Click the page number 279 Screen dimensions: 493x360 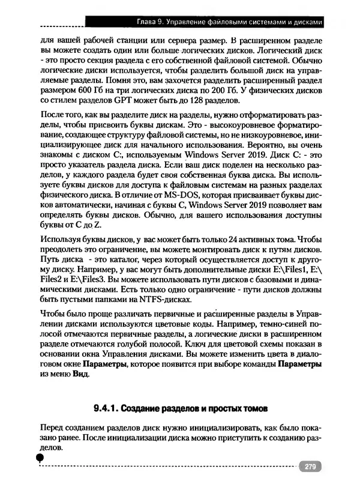point(310,467)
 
